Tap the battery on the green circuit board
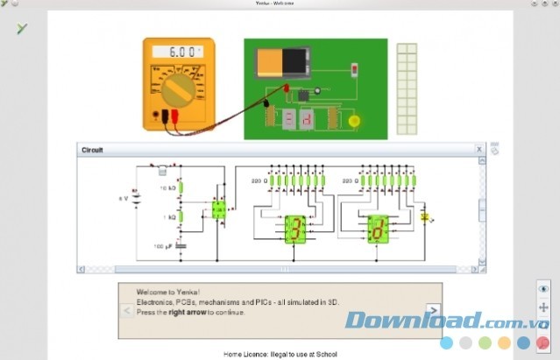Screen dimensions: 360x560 click(x=282, y=61)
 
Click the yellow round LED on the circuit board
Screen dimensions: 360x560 click(x=354, y=121)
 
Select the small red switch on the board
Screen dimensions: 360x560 click(x=354, y=68)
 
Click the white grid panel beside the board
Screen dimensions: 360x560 click(x=407, y=88)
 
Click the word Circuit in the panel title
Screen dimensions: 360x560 click(x=93, y=150)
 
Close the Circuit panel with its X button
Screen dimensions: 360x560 click(x=479, y=149)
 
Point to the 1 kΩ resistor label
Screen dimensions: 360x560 click(x=168, y=216)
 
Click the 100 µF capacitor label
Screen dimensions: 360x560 click(x=164, y=247)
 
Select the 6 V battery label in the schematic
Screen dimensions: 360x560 click(x=124, y=199)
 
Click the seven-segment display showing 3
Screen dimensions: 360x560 click(x=295, y=229)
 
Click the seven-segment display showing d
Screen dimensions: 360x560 click(x=378, y=230)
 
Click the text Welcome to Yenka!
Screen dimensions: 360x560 click(x=168, y=292)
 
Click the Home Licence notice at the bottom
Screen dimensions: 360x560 click(x=280, y=353)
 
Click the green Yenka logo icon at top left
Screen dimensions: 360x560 click(x=22, y=28)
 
